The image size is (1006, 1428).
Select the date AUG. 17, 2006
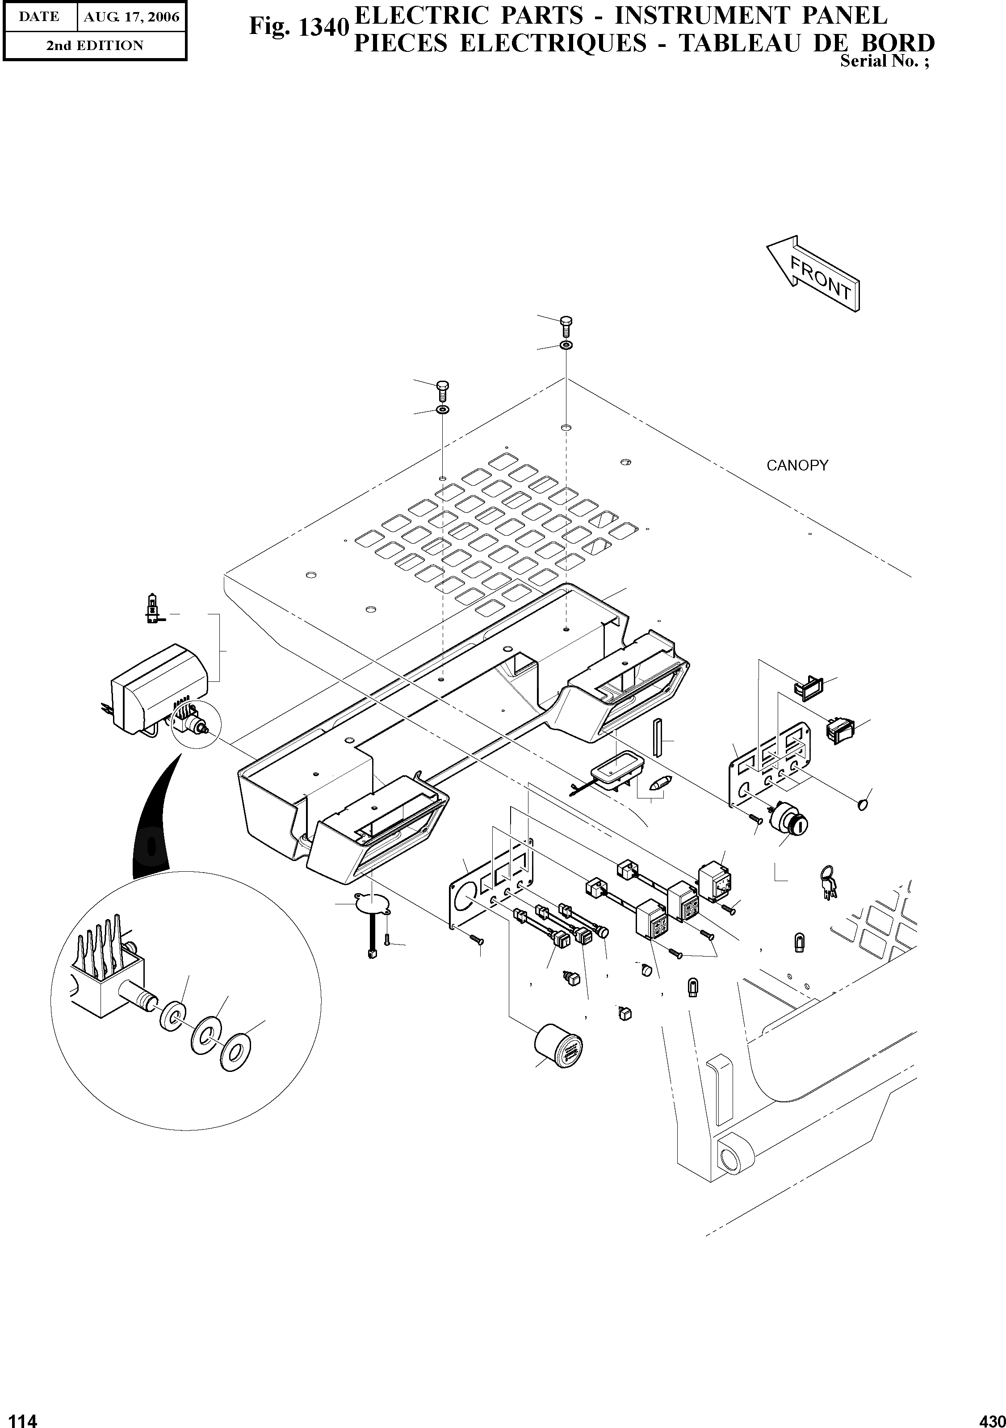(x=131, y=17)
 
